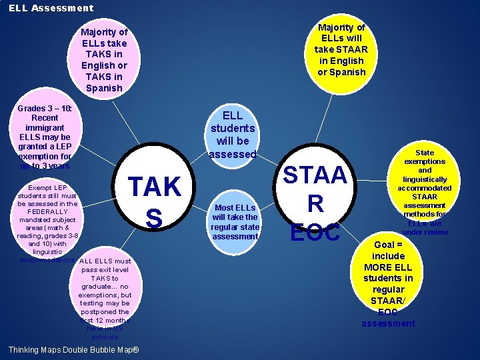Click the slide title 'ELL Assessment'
51,8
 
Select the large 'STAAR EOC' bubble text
315,203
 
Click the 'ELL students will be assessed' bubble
233,135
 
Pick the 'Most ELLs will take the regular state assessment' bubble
234,221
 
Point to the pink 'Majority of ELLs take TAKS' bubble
103,59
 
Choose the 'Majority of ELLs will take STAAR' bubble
341,49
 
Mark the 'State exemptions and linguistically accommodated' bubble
425,192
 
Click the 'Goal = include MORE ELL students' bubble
388,283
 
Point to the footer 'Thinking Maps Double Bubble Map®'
73,350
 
